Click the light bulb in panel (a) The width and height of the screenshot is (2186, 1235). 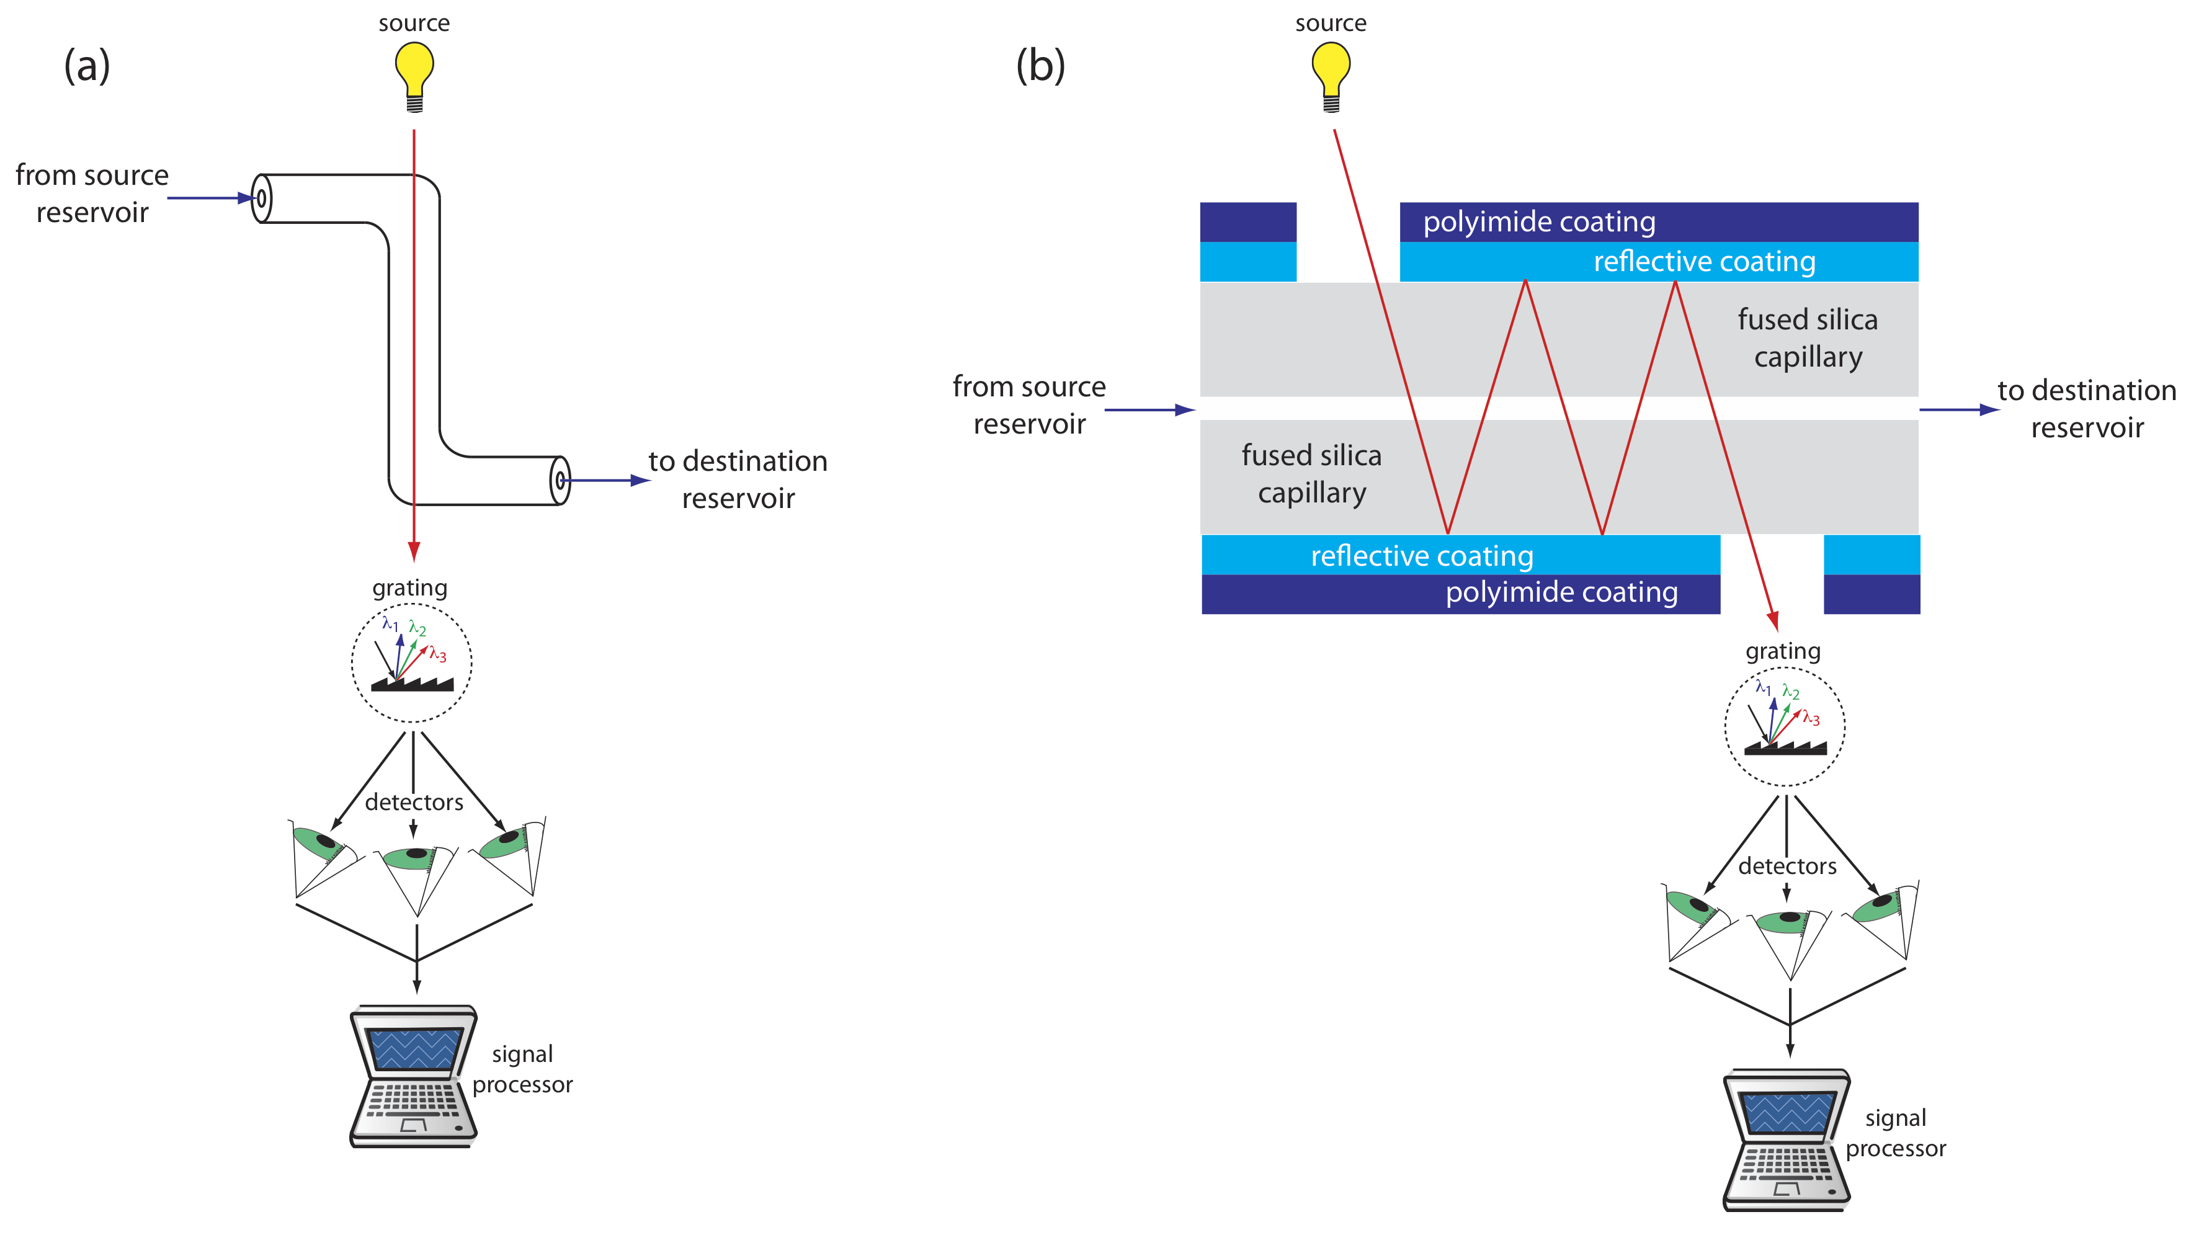414,74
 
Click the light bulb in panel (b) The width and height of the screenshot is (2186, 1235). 1331,74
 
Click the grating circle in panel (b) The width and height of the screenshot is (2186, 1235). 1785,726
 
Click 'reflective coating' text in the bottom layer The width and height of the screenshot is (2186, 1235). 1422,555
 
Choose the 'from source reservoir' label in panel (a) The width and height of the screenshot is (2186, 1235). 92,194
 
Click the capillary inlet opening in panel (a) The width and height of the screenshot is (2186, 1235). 261,198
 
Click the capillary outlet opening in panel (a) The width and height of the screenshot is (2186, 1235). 560,481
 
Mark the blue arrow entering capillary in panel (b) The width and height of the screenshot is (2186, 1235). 1150,410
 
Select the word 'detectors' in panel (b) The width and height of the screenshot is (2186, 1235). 1787,866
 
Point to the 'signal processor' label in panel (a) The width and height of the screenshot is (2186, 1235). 522,1069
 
